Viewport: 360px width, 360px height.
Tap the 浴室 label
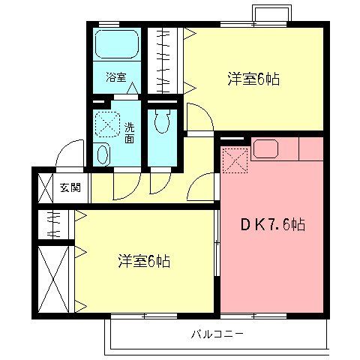click(115, 77)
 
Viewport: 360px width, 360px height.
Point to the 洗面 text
click(130, 132)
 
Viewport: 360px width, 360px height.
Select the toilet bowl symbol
click(161, 120)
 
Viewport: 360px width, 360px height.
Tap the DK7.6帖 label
click(271, 224)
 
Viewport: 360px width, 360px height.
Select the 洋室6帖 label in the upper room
click(253, 79)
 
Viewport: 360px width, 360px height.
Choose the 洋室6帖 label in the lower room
click(143, 261)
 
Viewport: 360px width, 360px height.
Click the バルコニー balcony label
click(217, 331)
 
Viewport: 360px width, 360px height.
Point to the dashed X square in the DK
click(235, 159)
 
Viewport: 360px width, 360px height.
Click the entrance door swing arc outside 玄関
click(71, 154)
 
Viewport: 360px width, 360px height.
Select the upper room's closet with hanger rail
click(163, 60)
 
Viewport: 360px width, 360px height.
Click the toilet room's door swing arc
click(160, 182)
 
